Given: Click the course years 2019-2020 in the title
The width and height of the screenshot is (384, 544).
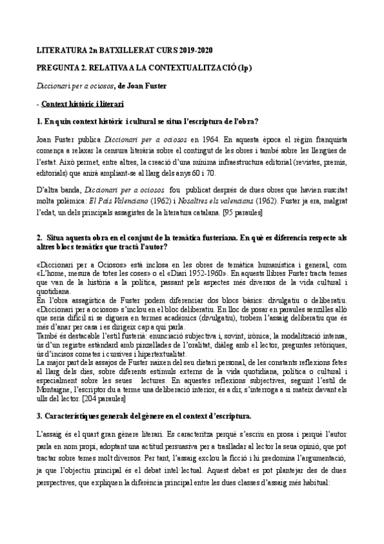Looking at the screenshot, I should [x=194, y=49].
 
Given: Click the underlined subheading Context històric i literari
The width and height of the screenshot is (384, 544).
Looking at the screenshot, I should [x=83, y=103].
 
